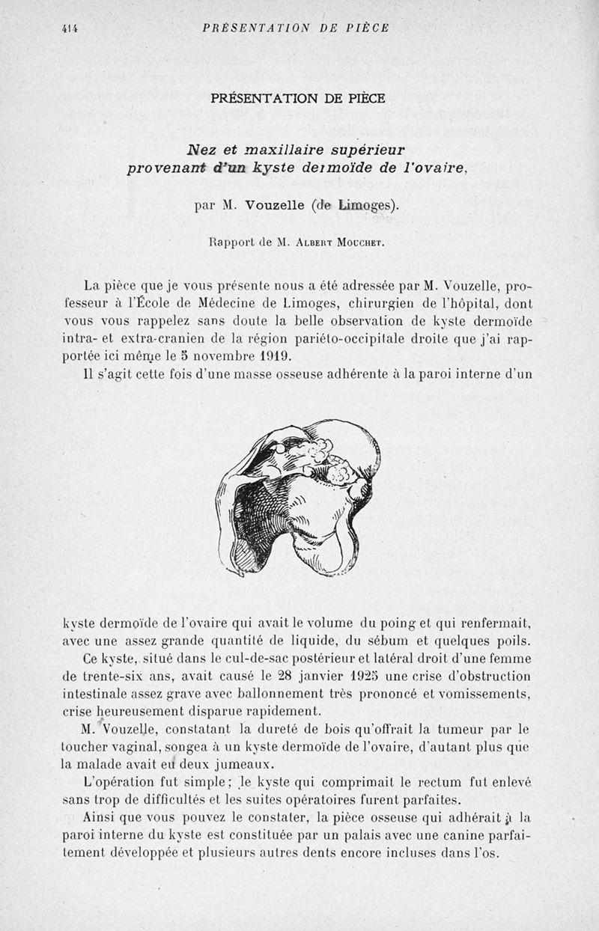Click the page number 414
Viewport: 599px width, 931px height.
click(x=70, y=28)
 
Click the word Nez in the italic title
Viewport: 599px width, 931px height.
click(x=200, y=149)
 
